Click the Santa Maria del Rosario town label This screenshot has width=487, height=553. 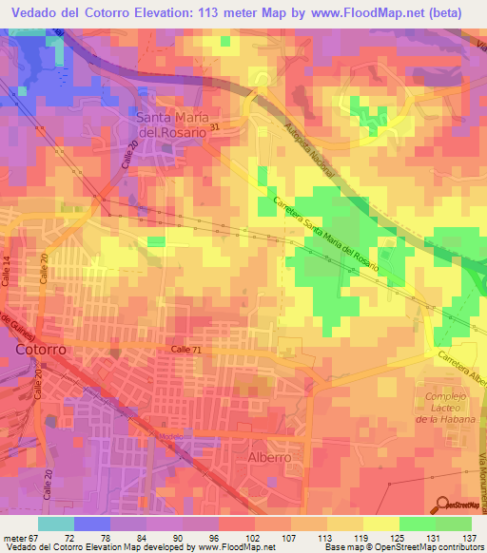pyautogui.click(x=171, y=125)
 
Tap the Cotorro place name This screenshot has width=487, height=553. pyautogui.click(x=41, y=350)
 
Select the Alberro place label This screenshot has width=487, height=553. pyautogui.click(x=269, y=457)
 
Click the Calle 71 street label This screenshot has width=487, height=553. pyautogui.click(x=187, y=351)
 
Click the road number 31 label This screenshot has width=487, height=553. pyautogui.click(x=214, y=126)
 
